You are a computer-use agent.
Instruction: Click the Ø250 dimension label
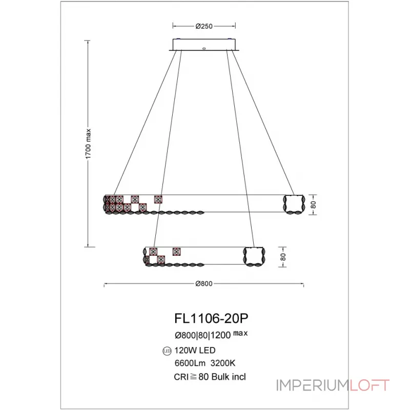204,26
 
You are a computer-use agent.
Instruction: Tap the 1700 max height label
88,144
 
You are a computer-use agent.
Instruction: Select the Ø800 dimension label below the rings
204,284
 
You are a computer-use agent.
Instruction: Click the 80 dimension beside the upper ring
313,204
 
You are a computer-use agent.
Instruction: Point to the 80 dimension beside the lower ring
283,257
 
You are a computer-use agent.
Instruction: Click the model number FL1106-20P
211,318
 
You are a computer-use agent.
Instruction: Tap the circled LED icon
167,351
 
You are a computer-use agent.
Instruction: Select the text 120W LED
195,351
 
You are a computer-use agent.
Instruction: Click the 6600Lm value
190,363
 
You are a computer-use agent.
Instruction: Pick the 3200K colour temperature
223,363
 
